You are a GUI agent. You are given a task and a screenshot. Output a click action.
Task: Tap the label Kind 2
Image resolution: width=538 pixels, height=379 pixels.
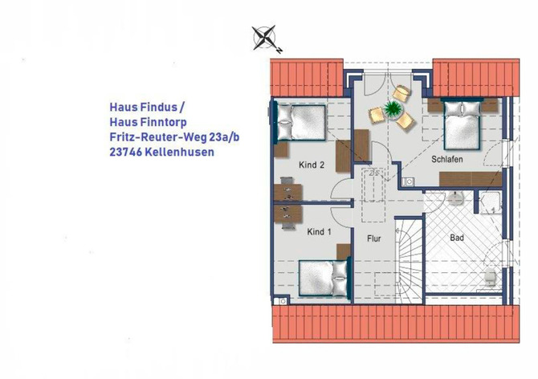pos(312,165)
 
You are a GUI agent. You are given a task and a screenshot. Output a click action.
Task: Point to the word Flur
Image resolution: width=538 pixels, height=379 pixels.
pos(373,238)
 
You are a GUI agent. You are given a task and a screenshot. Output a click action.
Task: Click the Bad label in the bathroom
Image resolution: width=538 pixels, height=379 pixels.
pos(457,238)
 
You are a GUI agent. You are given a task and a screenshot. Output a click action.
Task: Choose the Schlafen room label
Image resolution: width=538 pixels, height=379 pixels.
pos(446,160)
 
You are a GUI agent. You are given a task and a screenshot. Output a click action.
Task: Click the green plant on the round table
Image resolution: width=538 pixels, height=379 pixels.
pos(393,108)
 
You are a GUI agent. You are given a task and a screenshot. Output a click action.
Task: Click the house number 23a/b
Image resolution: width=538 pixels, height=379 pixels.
pos(222,137)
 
